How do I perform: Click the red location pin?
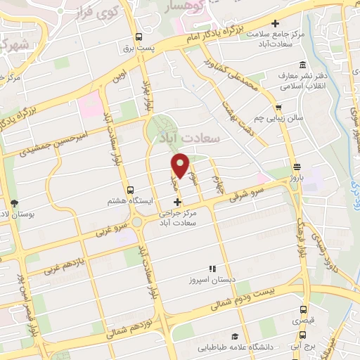[181, 164]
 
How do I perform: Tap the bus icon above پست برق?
[139, 37]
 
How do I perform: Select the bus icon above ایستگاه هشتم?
[130, 190]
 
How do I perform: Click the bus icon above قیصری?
[303, 309]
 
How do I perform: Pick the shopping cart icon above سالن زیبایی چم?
[279, 108]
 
